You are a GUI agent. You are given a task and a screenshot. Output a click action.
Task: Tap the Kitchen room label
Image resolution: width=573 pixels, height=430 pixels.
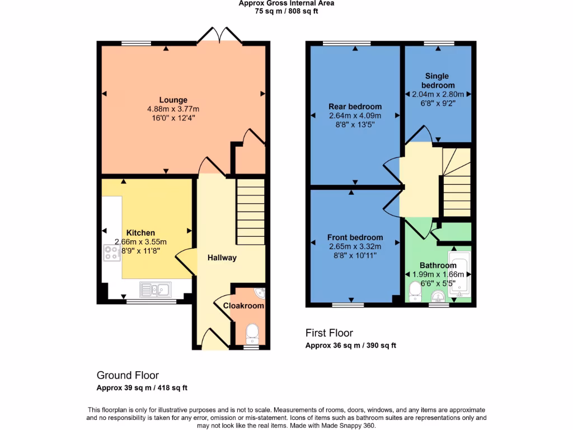click(140, 233)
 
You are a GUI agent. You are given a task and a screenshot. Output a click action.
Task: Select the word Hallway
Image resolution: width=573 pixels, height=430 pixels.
click(222, 258)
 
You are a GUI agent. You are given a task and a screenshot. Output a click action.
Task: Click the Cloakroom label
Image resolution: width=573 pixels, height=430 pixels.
click(243, 306)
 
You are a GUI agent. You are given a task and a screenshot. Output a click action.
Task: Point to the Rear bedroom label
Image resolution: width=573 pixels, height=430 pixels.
click(355, 107)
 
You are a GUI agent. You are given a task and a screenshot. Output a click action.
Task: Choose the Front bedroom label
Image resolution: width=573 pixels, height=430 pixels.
click(355, 237)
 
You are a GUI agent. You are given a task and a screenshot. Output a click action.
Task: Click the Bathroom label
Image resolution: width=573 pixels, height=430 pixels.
click(438, 265)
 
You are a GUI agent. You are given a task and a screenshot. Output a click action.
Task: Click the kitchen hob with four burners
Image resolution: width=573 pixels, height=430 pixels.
click(109, 254)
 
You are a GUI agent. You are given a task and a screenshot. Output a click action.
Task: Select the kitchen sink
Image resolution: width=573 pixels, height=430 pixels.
click(156, 289)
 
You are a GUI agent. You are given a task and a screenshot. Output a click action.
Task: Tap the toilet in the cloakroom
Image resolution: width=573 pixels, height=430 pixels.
click(252, 334)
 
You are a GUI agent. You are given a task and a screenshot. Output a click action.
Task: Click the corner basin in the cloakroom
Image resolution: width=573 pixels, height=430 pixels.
click(260, 292)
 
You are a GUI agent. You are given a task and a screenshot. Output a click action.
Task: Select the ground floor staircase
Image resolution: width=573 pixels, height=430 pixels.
click(250, 212)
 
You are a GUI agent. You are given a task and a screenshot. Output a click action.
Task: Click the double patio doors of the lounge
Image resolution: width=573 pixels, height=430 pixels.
click(220, 35)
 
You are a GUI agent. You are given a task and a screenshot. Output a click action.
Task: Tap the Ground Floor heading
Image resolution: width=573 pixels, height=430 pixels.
click(128, 376)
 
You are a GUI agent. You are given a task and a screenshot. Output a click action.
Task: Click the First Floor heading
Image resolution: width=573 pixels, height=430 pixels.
click(329, 333)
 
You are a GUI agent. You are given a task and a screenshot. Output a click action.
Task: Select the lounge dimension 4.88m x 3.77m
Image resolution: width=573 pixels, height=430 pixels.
click(173, 109)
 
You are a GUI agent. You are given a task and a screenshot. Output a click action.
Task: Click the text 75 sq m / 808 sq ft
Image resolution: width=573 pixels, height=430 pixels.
click(286, 11)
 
